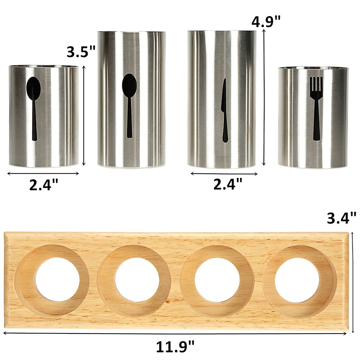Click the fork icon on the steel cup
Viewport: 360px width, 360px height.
pyautogui.click(x=316, y=108)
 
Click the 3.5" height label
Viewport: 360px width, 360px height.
pyautogui.click(x=81, y=52)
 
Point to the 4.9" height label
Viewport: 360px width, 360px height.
pyautogui.click(x=266, y=22)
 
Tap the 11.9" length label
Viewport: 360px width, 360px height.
pyautogui.click(x=175, y=347)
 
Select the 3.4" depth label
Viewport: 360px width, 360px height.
pyautogui.click(x=341, y=218)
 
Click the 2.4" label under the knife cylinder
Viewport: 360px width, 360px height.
pyautogui.click(x=228, y=184)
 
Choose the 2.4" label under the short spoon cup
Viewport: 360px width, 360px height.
pyautogui.click(x=43, y=184)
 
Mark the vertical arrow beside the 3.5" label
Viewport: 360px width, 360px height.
pyautogui.click(x=84, y=115)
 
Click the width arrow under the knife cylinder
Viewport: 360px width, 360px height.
pyautogui.click(x=224, y=173)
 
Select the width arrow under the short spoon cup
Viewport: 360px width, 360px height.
pyautogui.click(x=43, y=173)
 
